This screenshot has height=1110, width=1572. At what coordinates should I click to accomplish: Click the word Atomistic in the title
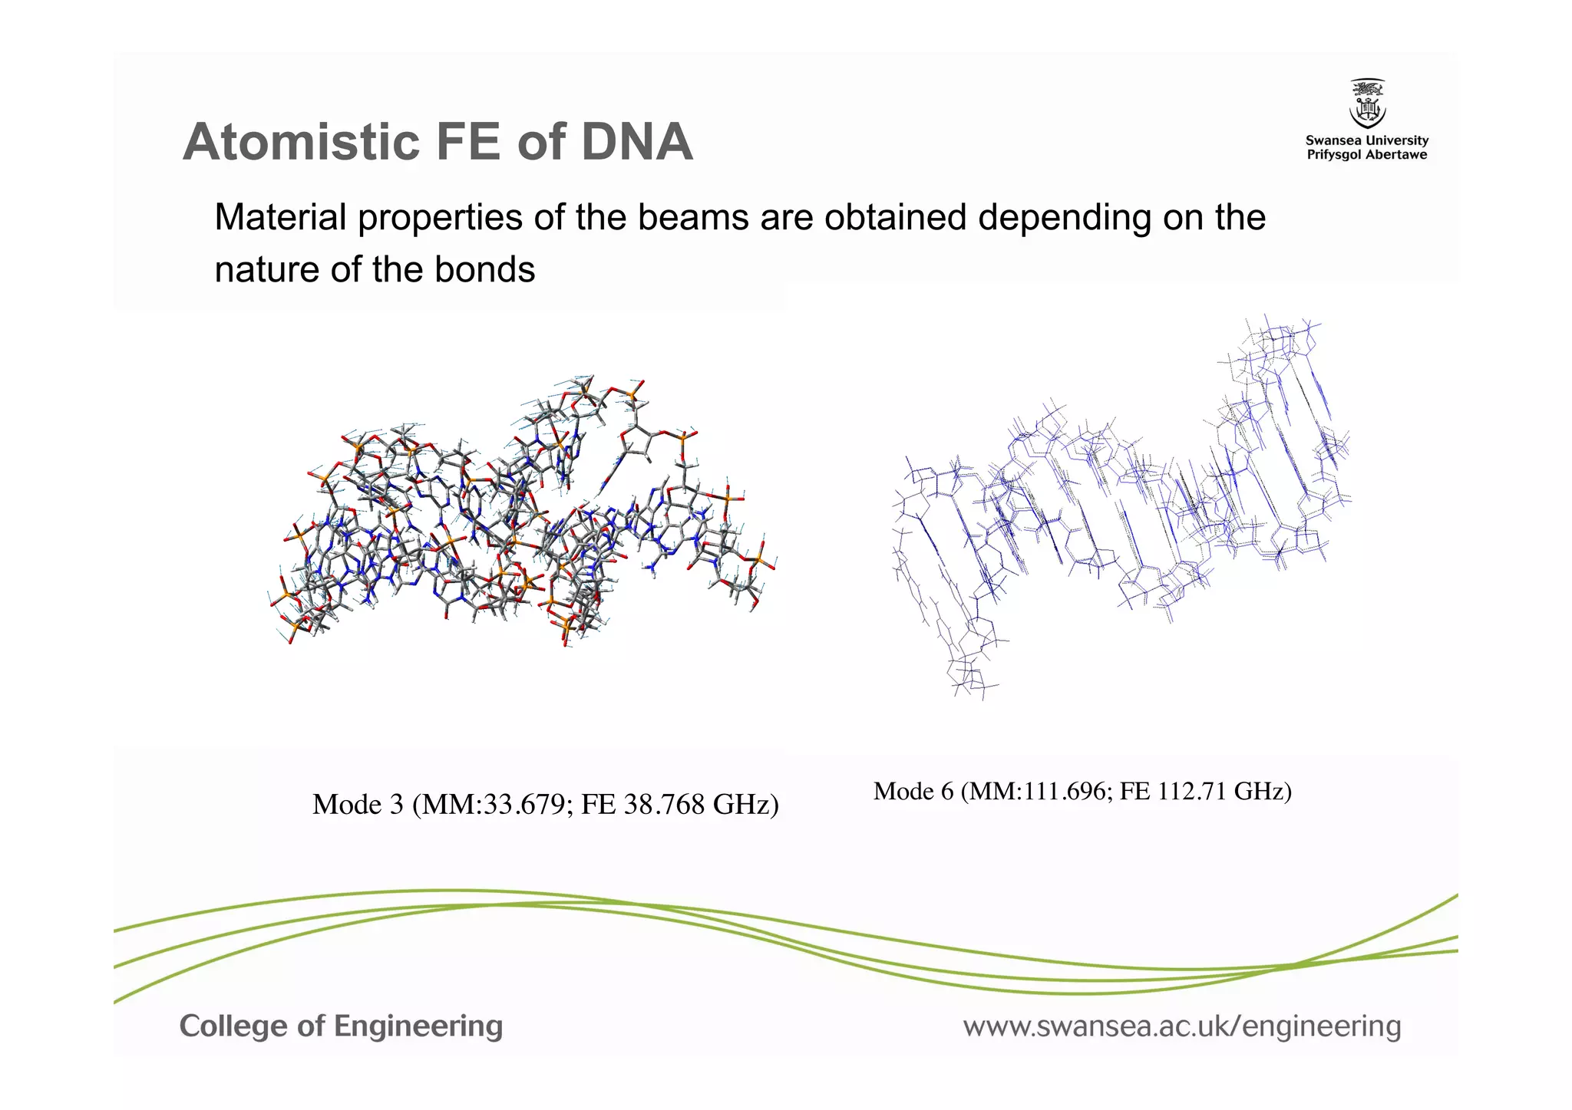pos(300,143)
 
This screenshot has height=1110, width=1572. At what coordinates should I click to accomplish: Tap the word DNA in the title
pos(636,143)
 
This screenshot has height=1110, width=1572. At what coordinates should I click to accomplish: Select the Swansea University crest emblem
pos(1367,104)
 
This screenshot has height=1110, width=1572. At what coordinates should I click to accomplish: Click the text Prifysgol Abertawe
pos(1367,155)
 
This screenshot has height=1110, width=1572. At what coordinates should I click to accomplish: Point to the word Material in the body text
pos(280,217)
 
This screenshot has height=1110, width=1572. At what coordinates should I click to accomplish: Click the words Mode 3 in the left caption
pos(358,805)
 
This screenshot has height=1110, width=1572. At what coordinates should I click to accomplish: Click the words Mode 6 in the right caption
pos(913,791)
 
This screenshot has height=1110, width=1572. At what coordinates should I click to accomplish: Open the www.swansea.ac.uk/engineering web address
pos(1182,1026)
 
